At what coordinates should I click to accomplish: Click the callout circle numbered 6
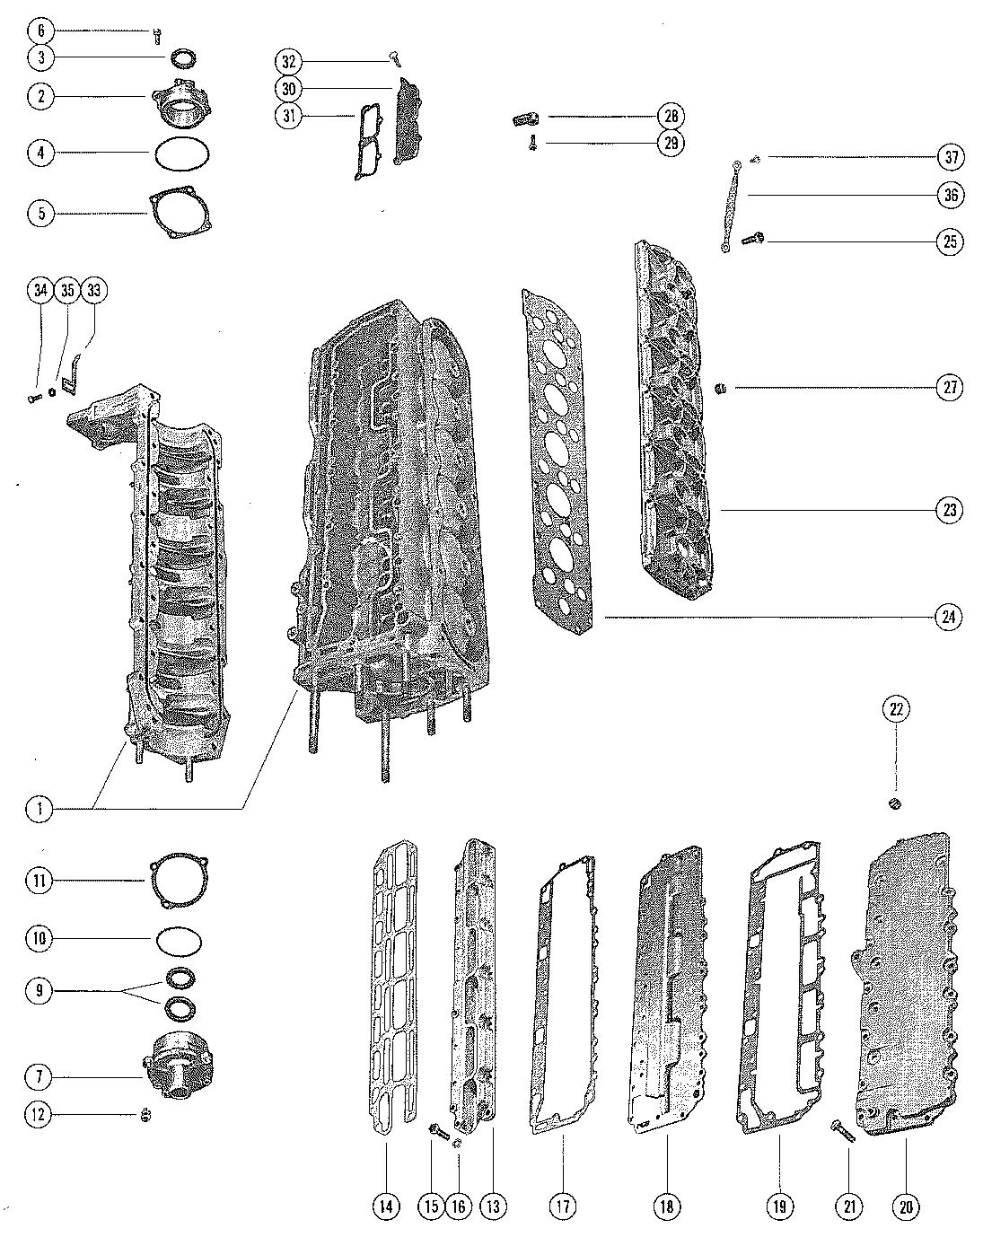coord(39,31)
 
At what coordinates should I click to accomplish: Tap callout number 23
coord(950,510)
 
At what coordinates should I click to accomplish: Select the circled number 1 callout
coord(39,809)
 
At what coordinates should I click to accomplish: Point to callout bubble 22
coord(896,709)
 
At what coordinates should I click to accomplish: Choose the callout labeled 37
coord(950,157)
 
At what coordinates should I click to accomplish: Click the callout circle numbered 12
coord(39,1115)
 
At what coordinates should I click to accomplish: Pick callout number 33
coord(93,291)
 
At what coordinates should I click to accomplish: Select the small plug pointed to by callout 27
coord(719,388)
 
